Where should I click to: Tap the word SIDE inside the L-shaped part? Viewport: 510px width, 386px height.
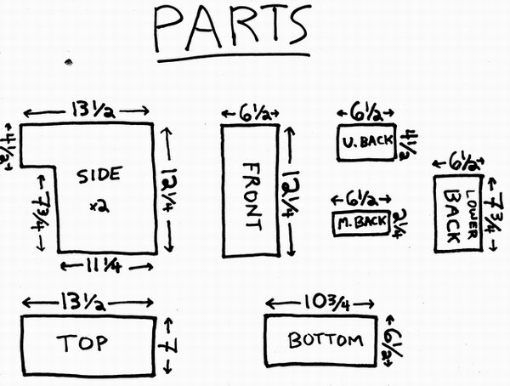coord(99,176)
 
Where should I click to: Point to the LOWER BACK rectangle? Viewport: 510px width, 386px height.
coord(459,213)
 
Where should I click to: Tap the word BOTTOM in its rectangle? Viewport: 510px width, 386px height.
coord(326,341)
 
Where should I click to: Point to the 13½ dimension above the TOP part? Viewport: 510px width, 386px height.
coord(88,302)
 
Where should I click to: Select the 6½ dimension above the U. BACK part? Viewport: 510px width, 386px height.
coord(366,112)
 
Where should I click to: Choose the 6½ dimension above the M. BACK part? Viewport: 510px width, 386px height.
coord(360,199)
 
